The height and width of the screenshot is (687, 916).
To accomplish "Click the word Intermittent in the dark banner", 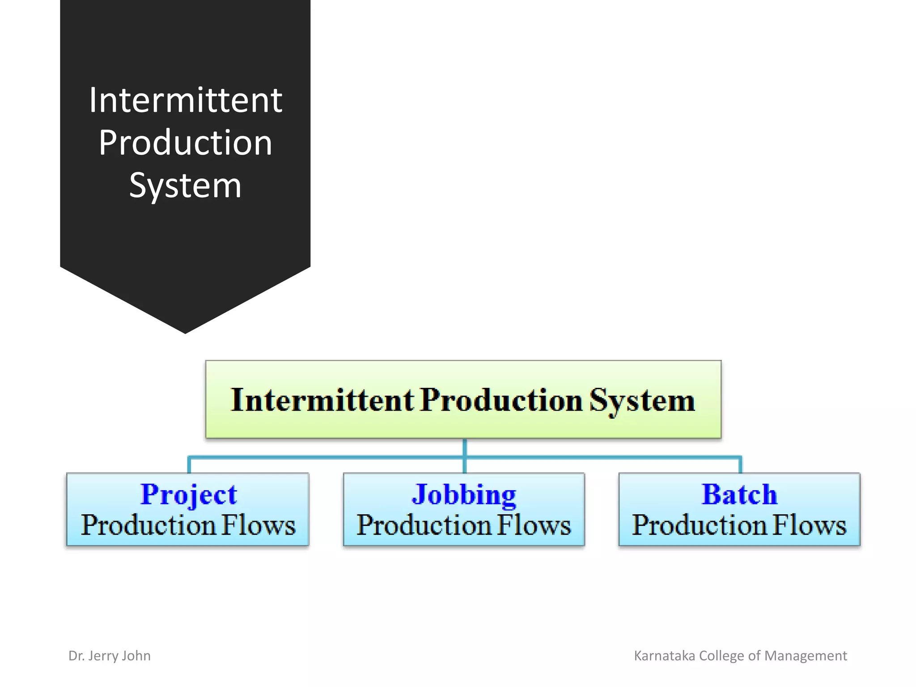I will [x=185, y=100].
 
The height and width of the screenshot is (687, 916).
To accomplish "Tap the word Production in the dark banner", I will [x=185, y=143].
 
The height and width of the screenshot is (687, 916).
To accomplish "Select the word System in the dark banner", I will [x=185, y=185].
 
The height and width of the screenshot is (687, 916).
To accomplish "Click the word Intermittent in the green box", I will [x=322, y=400].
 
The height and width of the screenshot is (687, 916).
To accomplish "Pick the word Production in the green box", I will [x=501, y=400].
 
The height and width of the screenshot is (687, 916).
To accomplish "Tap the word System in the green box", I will [x=642, y=401].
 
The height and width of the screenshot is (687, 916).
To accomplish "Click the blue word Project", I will [x=188, y=495].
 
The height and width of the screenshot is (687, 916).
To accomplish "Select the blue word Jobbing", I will [x=464, y=495].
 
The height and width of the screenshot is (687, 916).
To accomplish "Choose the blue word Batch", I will [x=739, y=495].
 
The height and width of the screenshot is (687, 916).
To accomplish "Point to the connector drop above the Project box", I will [x=189, y=465].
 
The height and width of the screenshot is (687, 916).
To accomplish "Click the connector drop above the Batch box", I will [x=740, y=465].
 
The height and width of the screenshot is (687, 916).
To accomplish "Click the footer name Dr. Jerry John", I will [x=110, y=656].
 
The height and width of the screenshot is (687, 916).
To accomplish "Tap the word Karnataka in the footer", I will [x=665, y=656].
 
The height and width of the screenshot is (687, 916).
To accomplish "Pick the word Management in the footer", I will [x=806, y=656].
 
